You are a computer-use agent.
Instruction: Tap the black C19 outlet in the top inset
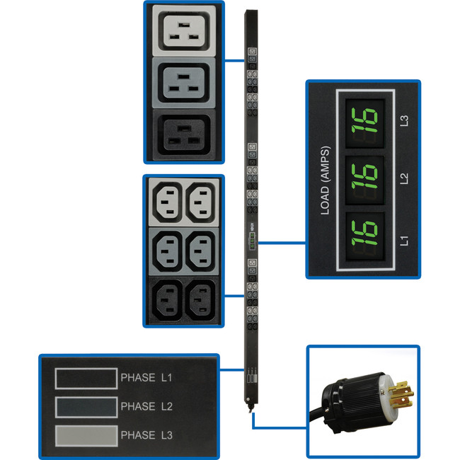[183, 132]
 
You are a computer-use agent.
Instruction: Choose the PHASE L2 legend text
[147, 406]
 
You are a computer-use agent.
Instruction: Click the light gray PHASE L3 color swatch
[86, 434]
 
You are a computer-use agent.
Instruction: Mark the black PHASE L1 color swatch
[86, 378]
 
